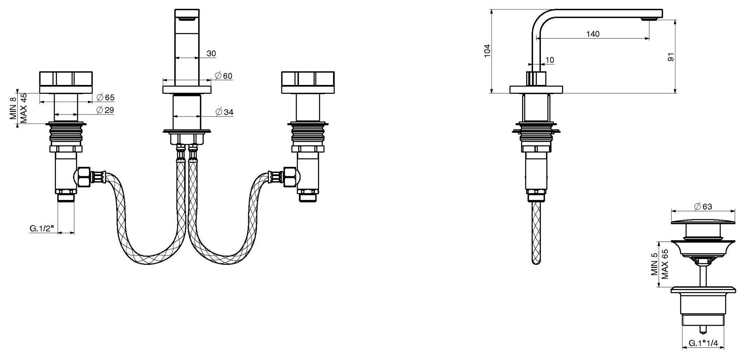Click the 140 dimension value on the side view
coord(593,34)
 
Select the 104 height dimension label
coord(487,51)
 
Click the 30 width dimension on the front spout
coord(211,54)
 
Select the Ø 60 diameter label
coord(224,76)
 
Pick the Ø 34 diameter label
coord(224,112)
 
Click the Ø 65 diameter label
coord(106,98)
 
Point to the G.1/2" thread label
coord(42,229)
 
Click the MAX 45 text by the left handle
coord(24,108)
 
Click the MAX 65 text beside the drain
coord(664,264)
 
